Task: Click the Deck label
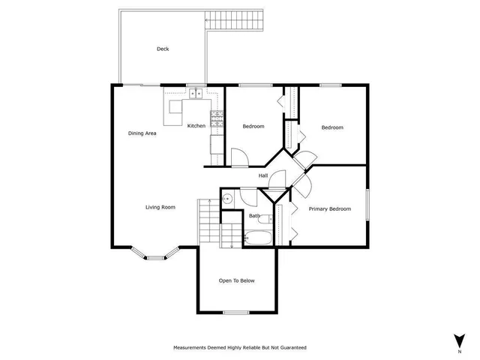tap(163, 49)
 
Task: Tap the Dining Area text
tap(142, 133)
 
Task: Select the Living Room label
tap(160, 207)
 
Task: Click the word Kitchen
tap(196, 125)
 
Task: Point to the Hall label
tap(263, 175)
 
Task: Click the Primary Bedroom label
tap(330, 208)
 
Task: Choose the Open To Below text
tap(236, 280)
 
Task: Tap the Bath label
tap(255, 217)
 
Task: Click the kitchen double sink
tap(194, 94)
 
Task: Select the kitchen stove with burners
tap(217, 118)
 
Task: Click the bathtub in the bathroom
tap(259, 238)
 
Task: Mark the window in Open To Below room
tap(235, 311)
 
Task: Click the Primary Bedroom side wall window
tap(367, 204)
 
